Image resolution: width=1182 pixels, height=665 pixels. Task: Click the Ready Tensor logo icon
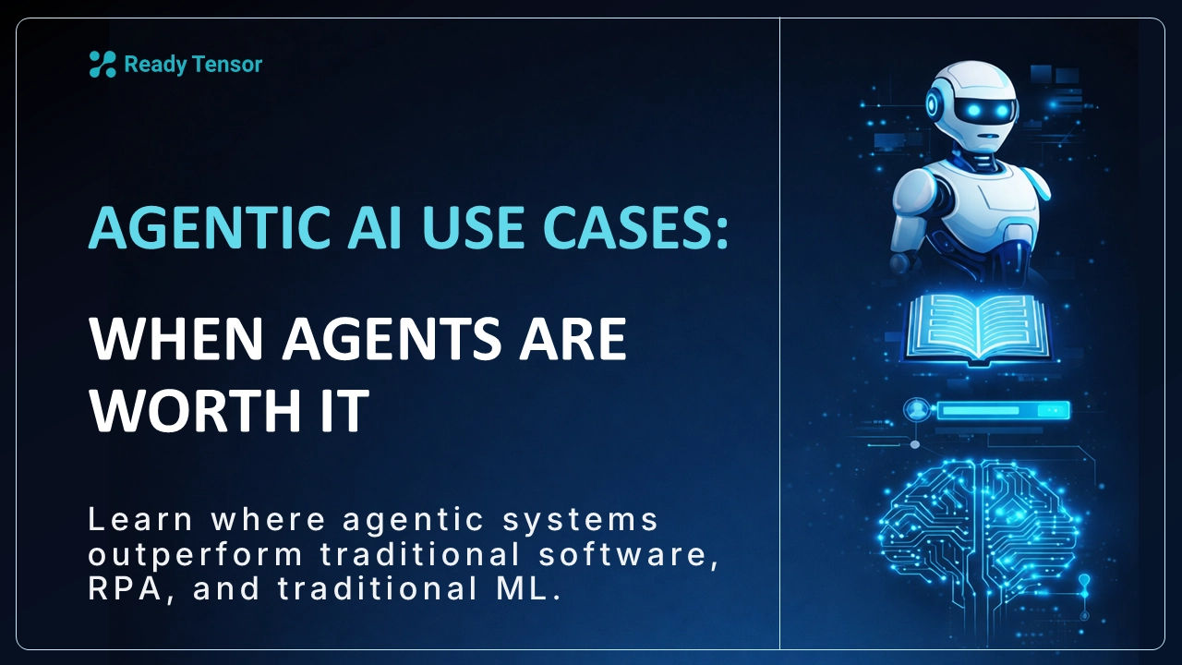(102, 64)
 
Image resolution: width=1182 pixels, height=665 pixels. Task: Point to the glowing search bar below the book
(1002, 410)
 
